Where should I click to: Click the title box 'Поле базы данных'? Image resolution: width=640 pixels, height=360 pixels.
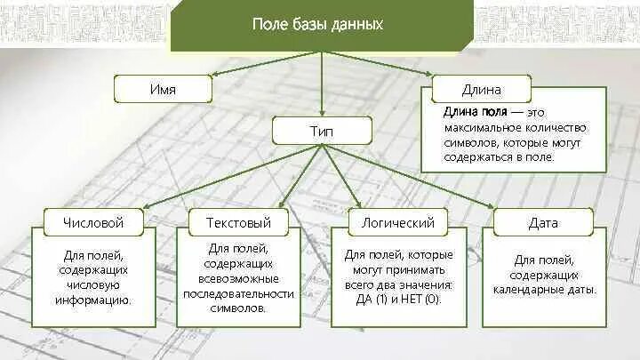coord(318,25)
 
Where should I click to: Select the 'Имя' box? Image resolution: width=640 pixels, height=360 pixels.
coord(163,89)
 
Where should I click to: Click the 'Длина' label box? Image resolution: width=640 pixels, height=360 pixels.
coord(481,89)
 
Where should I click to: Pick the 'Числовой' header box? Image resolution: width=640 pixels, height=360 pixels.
coord(93,222)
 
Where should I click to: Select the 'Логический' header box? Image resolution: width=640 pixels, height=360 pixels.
coord(392,222)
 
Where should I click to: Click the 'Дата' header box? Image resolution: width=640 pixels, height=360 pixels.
coord(542,222)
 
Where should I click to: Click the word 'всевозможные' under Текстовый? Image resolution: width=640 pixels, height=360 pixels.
coord(238,278)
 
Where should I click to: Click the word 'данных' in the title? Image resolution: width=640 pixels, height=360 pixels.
coord(361,25)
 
